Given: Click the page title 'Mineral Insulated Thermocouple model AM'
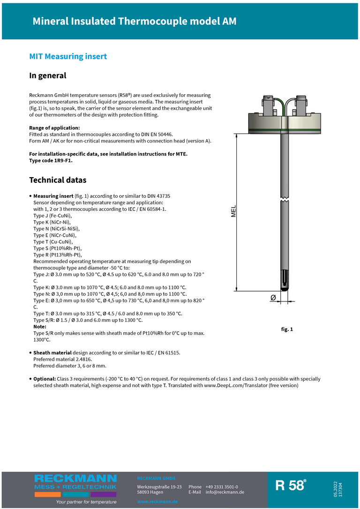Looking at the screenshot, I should coord(134,22).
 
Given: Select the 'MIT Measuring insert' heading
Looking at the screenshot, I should coord(68,57).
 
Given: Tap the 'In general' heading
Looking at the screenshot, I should coord(48,75).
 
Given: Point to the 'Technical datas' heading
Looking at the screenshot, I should coord(58,180).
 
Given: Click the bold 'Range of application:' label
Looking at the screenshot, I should coord(54,127).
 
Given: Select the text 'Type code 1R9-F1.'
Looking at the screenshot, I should coord(51,160).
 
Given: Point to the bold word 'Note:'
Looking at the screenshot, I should coord(40,327).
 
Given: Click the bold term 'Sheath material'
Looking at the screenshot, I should coord(52,352).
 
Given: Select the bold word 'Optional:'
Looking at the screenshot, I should coord(44,379).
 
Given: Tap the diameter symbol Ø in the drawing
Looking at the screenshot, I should coord(273,298).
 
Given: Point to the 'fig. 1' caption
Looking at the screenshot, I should coord(287,329).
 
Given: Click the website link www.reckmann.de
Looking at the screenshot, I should coord(157,502).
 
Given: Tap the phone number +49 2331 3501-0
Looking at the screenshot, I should coord(222,487).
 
